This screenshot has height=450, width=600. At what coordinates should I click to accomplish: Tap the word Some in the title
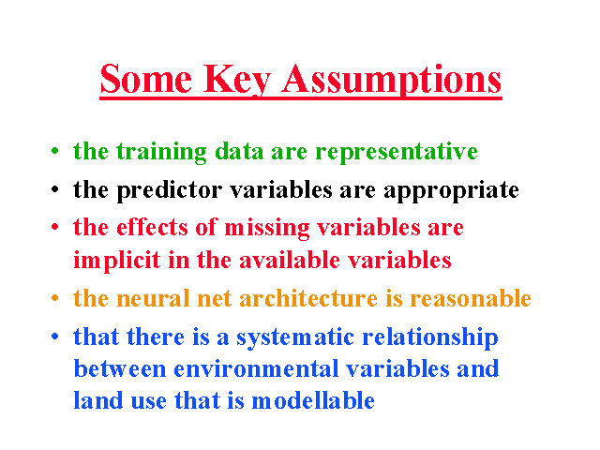tap(146, 79)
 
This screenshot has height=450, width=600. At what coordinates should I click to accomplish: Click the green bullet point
tap(55, 150)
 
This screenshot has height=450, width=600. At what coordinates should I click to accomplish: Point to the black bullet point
tap(55, 188)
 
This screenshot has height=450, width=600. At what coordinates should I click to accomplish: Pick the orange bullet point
tap(55, 297)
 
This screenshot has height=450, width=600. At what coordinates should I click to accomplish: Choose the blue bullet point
tap(55, 336)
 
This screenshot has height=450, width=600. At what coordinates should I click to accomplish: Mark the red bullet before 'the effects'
tap(55, 227)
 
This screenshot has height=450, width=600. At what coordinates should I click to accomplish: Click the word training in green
tap(161, 152)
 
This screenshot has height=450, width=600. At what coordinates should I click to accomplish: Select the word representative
tap(397, 152)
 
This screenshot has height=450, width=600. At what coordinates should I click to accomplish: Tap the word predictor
tap(169, 190)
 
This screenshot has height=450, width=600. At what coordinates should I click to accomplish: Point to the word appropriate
tap(452, 190)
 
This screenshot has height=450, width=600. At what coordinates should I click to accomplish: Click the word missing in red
tap(266, 229)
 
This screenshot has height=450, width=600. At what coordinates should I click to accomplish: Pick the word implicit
tap(116, 261)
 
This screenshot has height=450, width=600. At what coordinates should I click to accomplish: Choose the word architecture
tap(308, 298)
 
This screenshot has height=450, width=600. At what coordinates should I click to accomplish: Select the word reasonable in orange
tap(471, 298)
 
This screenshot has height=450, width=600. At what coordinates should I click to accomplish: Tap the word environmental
tap(256, 369)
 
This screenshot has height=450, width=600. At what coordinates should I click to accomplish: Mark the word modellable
tap(313, 400)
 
